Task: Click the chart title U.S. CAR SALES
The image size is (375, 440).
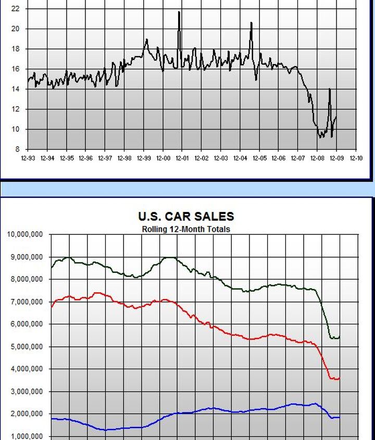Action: (186, 216)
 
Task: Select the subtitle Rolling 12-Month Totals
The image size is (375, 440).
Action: (186, 229)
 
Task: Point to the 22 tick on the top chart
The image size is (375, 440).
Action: (15, 9)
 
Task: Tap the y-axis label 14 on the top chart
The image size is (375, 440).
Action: (15, 89)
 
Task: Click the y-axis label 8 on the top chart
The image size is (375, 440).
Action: (17, 149)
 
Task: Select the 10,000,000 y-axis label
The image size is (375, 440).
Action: (25, 234)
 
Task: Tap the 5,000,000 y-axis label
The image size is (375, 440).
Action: (27, 346)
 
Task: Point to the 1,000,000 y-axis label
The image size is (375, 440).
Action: (27, 436)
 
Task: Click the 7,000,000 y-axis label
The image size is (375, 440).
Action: (27, 301)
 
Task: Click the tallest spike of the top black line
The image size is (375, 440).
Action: (179, 12)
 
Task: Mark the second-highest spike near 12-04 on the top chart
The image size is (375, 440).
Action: (251, 23)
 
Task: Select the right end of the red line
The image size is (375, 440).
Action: (340, 378)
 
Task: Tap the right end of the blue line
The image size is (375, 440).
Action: (340, 417)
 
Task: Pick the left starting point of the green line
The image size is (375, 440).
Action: (51, 267)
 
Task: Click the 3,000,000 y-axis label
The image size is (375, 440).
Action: (27, 391)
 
